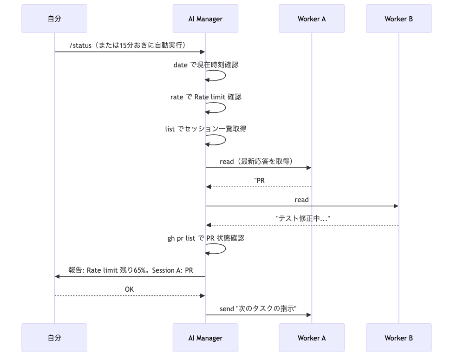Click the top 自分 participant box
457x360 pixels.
coord(54,19)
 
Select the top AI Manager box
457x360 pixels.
coord(205,19)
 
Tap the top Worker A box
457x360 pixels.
coord(312,19)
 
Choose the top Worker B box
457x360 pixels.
coord(398,19)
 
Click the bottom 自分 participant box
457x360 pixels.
coord(54,338)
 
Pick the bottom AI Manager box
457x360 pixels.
coord(205,338)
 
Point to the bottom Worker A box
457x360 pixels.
coord(312,338)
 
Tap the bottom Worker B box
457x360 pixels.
coord(398,338)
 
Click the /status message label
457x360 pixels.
coord(128,45)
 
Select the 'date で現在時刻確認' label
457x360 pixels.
coord(206,65)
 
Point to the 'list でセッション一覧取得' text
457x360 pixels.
coord(206,129)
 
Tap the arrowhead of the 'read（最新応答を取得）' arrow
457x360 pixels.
coord(309,168)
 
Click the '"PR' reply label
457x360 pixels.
coord(260,181)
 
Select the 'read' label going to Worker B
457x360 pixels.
coord(302,200)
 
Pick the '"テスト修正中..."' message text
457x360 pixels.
coord(303,218)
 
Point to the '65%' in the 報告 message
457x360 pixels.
coord(140,270)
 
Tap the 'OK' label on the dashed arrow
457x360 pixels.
coord(129,289)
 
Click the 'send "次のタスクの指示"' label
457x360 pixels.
coord(258,309)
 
